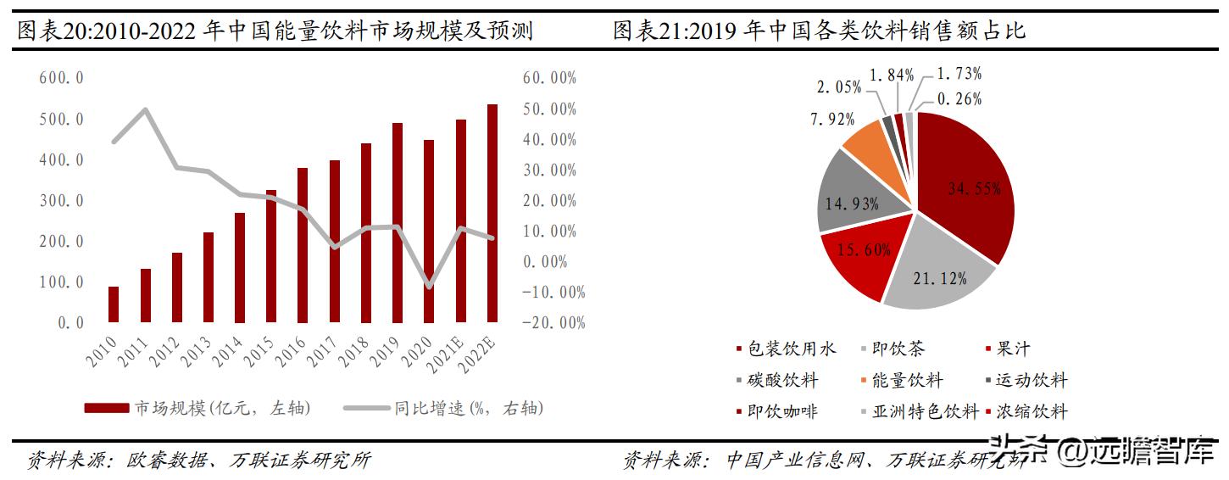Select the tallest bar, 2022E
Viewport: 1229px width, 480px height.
[492, 214]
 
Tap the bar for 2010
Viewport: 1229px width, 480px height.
[114, 304]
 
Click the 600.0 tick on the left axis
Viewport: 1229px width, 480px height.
[60, 78]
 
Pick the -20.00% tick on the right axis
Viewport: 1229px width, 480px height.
[555, 323]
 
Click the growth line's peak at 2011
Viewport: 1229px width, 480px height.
[145, 109]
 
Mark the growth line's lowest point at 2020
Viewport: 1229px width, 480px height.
[429, 287]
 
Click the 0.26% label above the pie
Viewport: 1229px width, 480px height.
[958, 99]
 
